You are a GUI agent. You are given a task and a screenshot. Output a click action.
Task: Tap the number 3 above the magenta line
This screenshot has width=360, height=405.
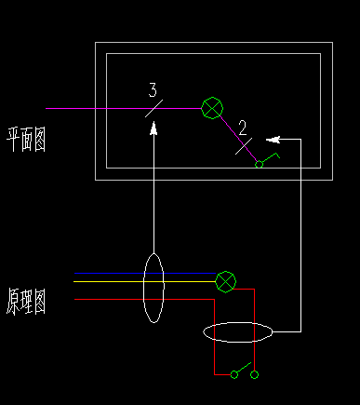click(153, 90)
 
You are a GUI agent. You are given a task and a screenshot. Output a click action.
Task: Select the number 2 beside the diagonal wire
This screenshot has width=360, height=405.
click(242, 127)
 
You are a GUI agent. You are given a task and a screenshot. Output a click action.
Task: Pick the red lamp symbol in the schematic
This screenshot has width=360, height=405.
click(225, 280)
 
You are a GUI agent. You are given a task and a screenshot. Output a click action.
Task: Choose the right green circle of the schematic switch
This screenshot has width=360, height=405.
click(254, 374)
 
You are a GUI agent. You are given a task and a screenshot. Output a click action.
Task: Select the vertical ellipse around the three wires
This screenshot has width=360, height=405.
click(153, 288)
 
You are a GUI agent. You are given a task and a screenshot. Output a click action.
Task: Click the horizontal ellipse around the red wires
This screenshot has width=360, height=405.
click(238, 332)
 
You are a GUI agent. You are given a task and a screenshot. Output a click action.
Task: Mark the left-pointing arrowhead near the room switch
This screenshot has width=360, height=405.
click(283, 139)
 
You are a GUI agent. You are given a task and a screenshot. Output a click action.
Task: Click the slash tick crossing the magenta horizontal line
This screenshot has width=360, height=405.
click(154, 108)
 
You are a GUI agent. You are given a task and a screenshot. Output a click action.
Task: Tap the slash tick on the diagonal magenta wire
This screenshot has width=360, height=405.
click(243, 144)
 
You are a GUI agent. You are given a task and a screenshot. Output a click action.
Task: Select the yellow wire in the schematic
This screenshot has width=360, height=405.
click(112, 280)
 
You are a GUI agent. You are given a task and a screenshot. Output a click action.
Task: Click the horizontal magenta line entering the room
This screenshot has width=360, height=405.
click(93, 108)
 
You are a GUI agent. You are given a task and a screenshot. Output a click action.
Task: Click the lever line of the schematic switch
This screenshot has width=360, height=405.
click(244, 368)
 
